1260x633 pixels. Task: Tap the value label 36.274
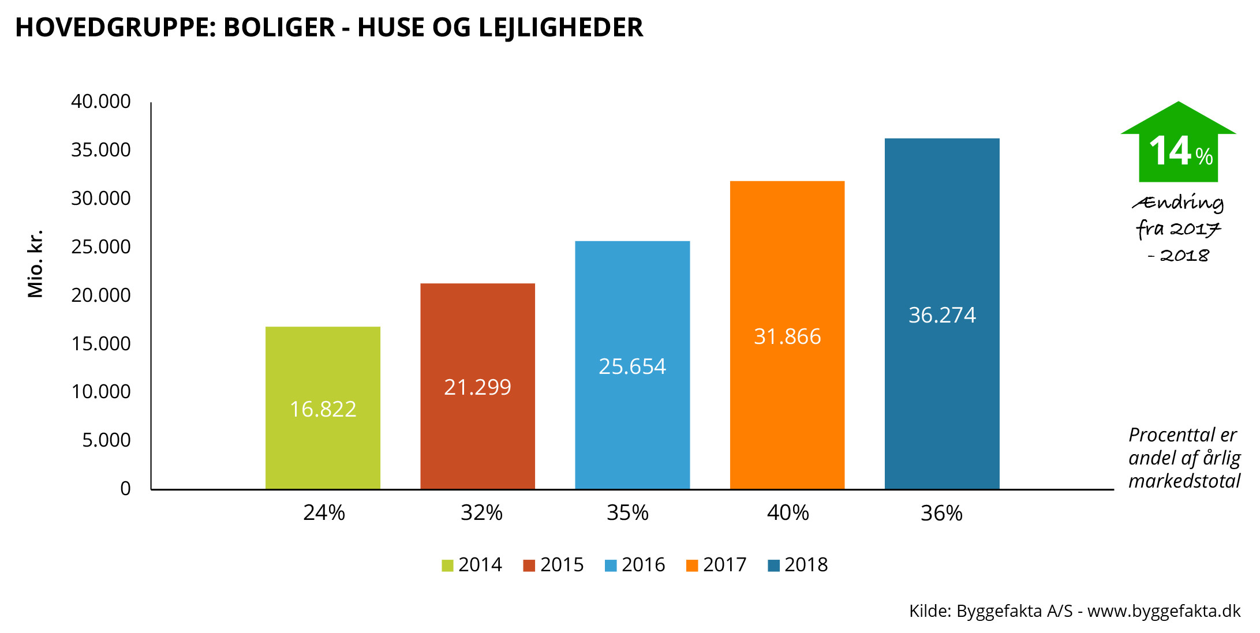(942, 315)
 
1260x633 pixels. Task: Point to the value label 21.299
(477, 387)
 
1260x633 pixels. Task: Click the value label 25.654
(632, 366)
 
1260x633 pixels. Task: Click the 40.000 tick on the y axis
(101, 102)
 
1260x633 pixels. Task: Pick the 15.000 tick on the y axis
(101, 344)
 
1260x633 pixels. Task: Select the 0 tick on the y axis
(125, 489)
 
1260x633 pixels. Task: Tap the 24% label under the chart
(324, 512)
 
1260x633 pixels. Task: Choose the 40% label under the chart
(788, 512)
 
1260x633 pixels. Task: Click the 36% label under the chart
(941, 513)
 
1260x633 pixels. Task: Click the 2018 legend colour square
(773, 565)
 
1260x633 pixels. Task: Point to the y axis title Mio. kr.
(35, 264)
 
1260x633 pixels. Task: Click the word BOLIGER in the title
(279, 27)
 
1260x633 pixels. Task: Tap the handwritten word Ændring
(1178, 203)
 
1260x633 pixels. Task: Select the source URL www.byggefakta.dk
(1164, 610)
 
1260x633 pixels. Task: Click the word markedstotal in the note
(1184, 481)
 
